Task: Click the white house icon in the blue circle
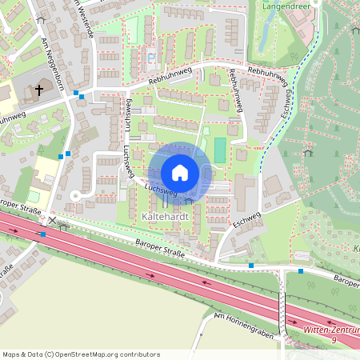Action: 180,173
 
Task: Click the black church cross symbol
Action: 38,90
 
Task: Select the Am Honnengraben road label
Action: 243,326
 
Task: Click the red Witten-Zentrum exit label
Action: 333,330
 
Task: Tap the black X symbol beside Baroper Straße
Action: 53,220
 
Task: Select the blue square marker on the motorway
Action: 44,234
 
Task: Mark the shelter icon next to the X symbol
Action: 64,225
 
